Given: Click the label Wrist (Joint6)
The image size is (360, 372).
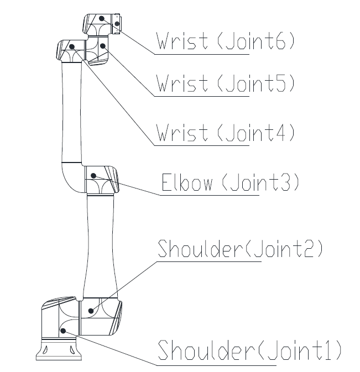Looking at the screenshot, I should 225,41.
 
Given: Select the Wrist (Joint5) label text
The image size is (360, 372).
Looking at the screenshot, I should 225,84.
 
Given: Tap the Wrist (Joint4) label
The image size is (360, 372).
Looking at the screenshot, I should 225,133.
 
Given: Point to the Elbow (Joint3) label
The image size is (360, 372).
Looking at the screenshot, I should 230,182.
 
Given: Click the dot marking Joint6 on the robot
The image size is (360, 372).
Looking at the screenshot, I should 102,18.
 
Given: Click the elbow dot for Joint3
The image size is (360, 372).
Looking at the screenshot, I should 93,176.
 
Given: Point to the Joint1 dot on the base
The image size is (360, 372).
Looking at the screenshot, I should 64,331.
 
